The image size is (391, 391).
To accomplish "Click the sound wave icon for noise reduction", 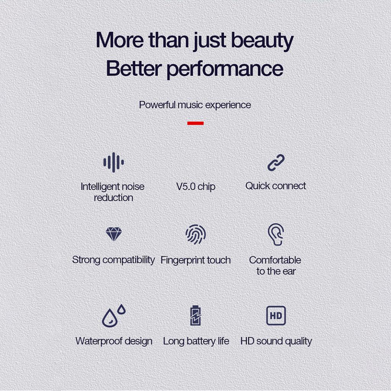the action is tap(113, 162).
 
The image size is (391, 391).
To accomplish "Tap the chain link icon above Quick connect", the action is tap(276, 163).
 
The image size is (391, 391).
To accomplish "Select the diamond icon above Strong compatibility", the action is tap(114, 234).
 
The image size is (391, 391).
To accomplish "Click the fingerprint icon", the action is tap(195, 234).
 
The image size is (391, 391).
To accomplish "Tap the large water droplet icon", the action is tap(110, 318).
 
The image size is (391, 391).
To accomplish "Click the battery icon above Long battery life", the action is tap(195, 315).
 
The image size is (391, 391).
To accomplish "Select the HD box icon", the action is tap(276, 316).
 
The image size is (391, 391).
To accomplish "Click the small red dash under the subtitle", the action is tap(195, 123).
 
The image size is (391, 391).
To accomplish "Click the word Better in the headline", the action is tap(134, 68).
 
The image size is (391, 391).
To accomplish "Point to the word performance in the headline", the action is tap(225, 69).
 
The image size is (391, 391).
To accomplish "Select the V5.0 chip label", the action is tap(195, 186).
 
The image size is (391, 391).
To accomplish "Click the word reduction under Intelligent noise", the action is tap(113, 198).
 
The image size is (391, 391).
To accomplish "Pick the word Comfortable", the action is tap(275, 260).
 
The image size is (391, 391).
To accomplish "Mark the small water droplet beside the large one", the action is tap(121, 309).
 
